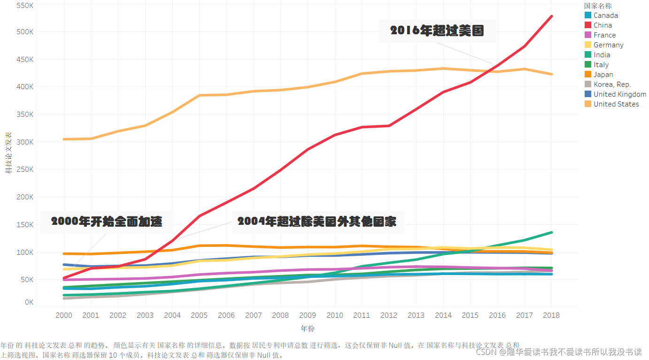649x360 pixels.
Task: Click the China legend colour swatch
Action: [587, 25]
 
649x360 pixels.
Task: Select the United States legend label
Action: [616, 104]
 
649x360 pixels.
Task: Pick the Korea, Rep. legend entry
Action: [612, 84]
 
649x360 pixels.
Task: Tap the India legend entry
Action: [602, 55]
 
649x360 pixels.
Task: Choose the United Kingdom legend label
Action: [619, 94]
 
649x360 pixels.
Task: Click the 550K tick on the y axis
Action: [25, 6]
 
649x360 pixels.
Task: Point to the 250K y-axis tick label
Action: [25, 169]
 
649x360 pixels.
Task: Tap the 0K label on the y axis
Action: [29, 302]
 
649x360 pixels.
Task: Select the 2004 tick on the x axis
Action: [172, 315]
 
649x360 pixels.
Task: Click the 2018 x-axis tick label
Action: [551, 315]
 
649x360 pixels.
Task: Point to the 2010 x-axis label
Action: [335, 315]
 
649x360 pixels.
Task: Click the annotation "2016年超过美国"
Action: [437, 31]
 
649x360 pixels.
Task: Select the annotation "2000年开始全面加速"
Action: [107, 222]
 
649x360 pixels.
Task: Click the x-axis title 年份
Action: [308, 329]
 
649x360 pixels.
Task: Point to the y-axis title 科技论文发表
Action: [8, 153]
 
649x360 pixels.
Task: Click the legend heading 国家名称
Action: [598, 6]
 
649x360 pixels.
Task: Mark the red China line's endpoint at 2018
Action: [551, 16]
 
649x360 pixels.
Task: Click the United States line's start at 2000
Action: [64, 139]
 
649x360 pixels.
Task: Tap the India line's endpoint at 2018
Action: [551, 232]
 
